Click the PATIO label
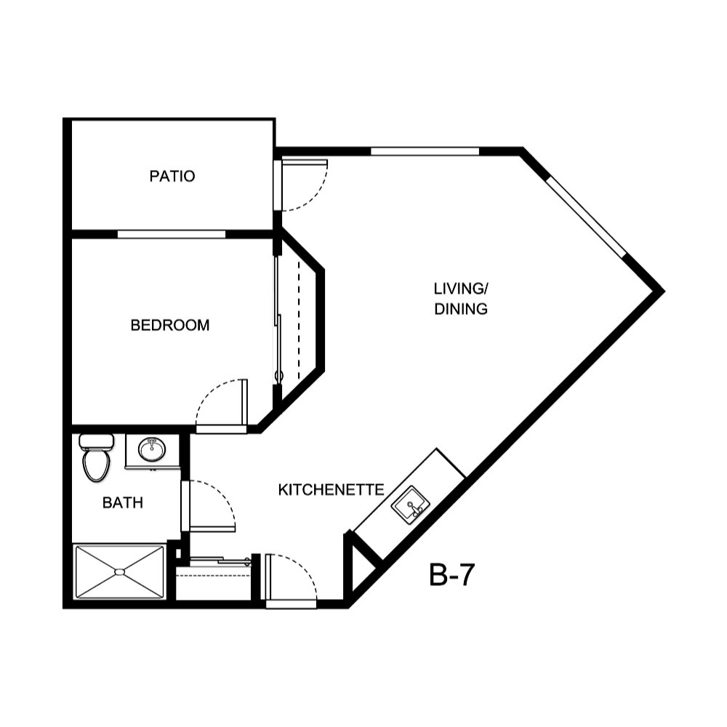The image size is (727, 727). tap(172, 176)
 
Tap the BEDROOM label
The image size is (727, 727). tap(169, 326)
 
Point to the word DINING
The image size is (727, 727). tap(460, 309)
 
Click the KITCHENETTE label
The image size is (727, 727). tap(331, 490)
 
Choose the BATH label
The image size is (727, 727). tap(122, 502)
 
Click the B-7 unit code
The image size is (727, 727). tap(451, 576)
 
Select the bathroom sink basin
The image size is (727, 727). tap(152, 450)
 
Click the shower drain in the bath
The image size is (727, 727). tap(119, 573)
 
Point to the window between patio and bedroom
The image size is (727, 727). tap(172, 234)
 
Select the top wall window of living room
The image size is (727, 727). tap(425, 151)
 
